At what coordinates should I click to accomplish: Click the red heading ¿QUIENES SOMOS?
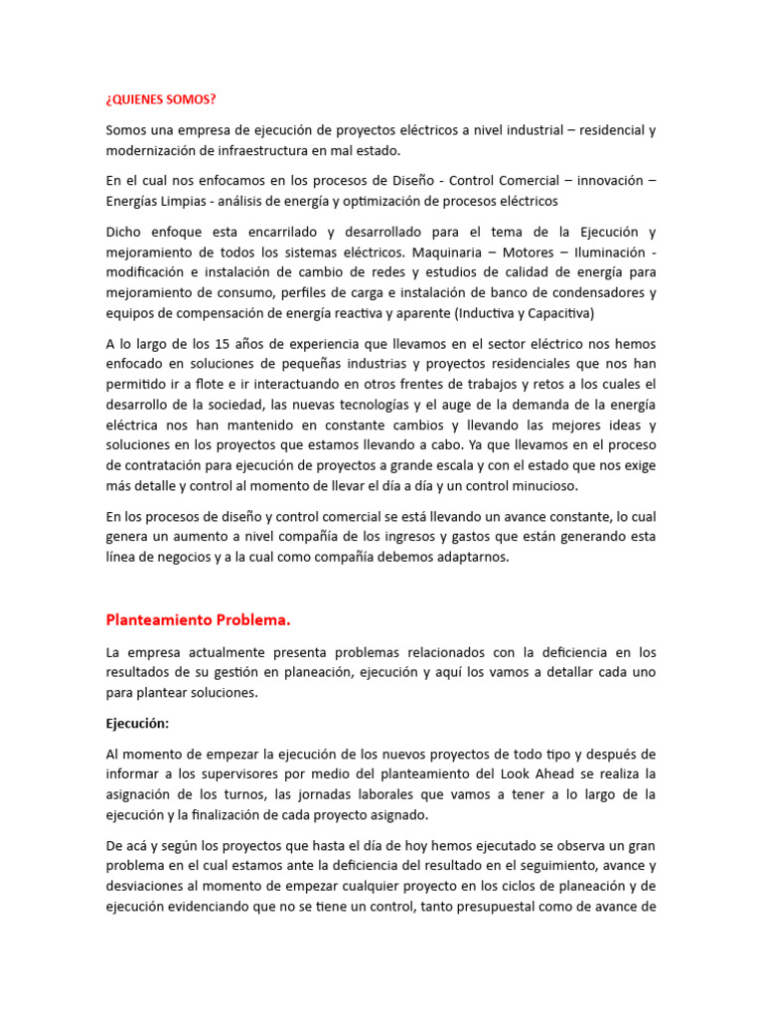160,100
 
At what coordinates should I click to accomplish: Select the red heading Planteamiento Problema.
198,619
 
